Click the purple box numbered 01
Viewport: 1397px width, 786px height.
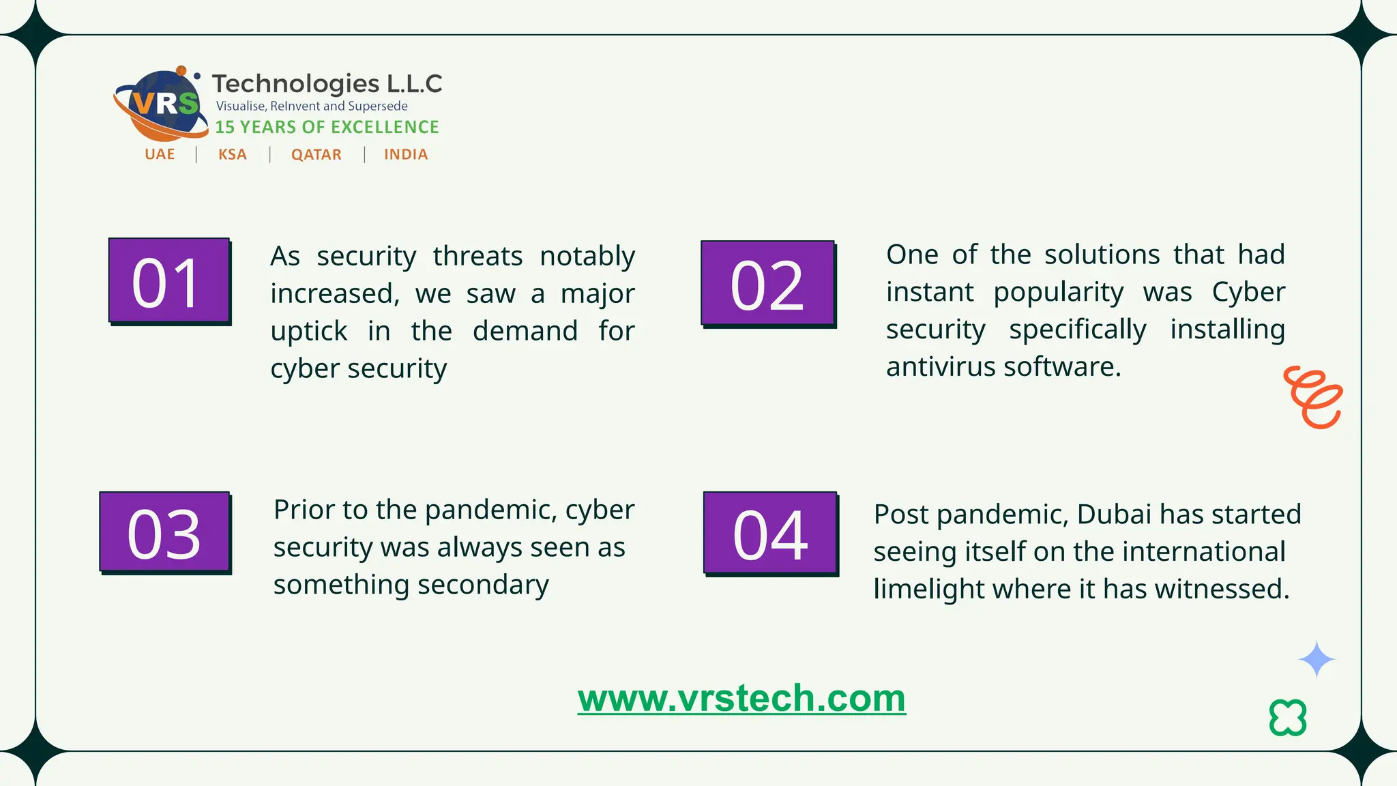pyautogui.click(x=168, y=280)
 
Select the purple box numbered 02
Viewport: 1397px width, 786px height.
pyautogui.click(x=767, y=283)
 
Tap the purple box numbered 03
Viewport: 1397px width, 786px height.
pyautogui.click(x=164, y=532)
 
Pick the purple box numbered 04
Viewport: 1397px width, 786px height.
pyautogui.click(x=770, y=533)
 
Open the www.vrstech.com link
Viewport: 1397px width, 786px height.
pyautogui.click(x=741, y=698)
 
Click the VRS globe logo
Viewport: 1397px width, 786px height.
pyautogui.click(x=162, y=104)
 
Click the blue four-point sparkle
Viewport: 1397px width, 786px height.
pyautogui.click(x=1317, y=659)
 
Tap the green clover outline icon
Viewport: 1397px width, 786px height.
pyautogui.click(x=1288, y=718)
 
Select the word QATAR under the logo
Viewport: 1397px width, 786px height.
pyautogui.click(x=317, y=155)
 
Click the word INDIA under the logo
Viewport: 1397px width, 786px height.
pyautogui.click(x=406, y=155)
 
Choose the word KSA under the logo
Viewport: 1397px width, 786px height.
pyautogui.click(x=233, y=155)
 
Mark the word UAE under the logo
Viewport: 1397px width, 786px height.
pyautogui.click(x=160, y=155)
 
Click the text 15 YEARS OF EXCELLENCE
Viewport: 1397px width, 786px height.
pyautogui.click(x=327, y=128)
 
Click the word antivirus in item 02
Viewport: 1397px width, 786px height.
pyautogui.click(x=941, y=367)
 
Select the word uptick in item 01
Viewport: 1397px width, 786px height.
pyautogui.click(x=308, y=332)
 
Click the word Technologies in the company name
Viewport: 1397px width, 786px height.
pyautogui.click(x=295, y=84)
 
